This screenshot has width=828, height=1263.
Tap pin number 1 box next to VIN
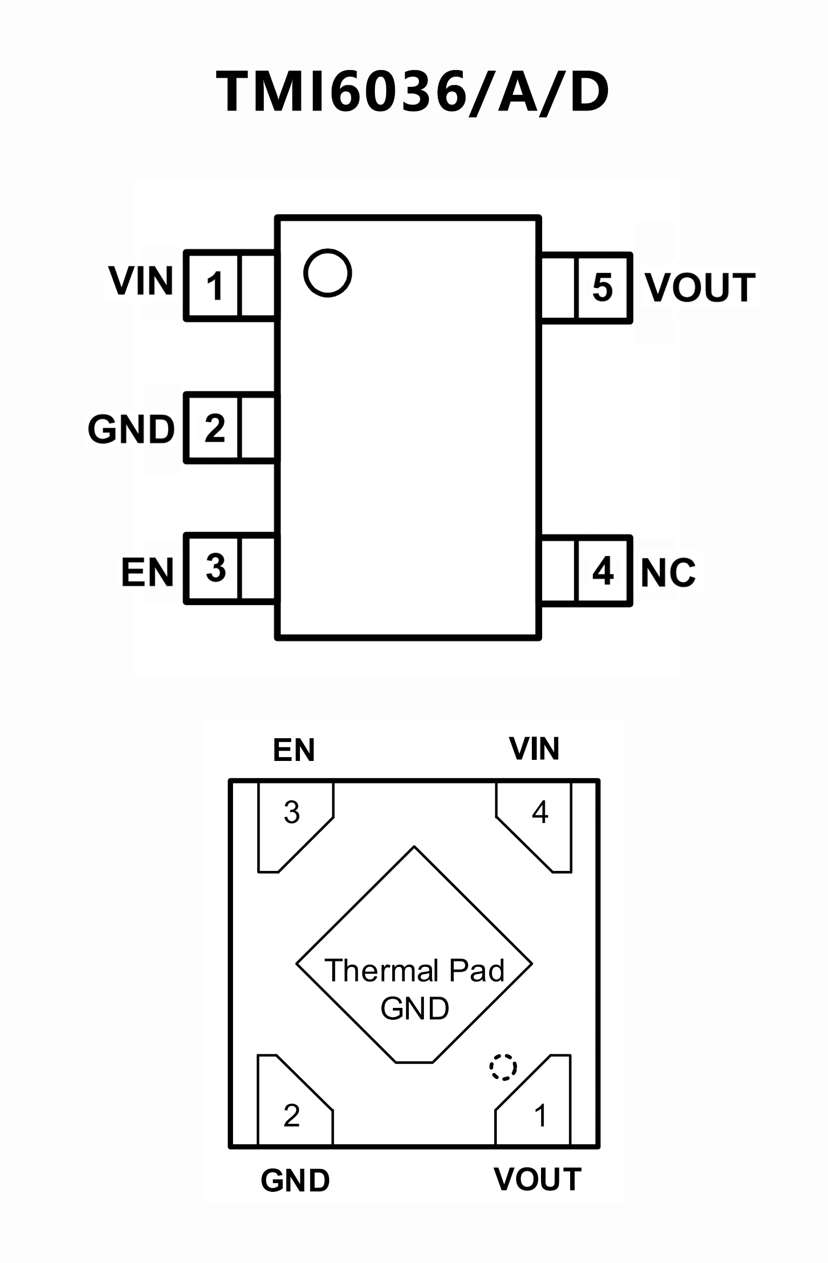tap(213, 286)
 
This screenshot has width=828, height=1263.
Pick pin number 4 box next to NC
tap(603, 571)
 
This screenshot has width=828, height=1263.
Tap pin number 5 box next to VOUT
tap(603, 287)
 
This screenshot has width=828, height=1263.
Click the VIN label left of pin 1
tap(141, 281)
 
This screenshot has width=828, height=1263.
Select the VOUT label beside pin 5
tap(700, 287)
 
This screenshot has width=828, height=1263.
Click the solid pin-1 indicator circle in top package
tap(327, 273)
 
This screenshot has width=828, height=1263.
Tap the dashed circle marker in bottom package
tap(503, 1067)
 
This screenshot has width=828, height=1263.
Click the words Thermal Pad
tap(414, 971)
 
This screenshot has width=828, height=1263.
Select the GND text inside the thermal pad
tap(414, 1009)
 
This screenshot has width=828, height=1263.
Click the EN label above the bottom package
tap(293, 750)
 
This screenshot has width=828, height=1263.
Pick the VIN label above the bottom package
tap(534, 749)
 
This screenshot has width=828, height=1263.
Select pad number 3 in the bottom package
tap(292, 812)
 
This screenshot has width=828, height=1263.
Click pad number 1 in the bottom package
tap(540, 1115)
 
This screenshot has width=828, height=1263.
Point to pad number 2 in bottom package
tap(292, 1115)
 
